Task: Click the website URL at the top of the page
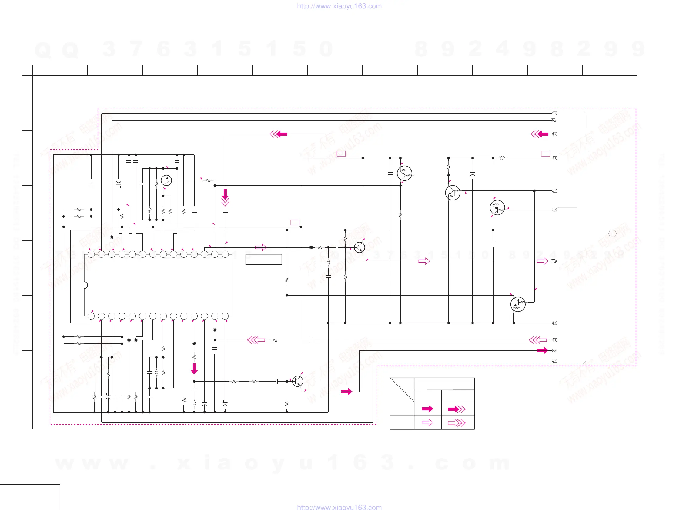tap(339, 6)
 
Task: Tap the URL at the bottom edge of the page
tap(339, 507)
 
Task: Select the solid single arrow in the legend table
tap(427, 409)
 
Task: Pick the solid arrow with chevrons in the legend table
tap(457, 409)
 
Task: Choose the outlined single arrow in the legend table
tap(427, 423)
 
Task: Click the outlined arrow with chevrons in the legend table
tap(457, 423)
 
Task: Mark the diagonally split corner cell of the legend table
tap(402, 390)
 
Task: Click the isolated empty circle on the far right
tap(612, 233)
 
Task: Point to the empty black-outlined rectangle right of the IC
tap(264, 259)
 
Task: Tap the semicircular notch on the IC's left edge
tap(86, 285)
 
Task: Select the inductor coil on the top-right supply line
tap(501, 158)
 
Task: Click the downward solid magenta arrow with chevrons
tap(225, 197)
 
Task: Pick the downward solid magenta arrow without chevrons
tap(194, 368)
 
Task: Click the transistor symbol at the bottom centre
tap(297, 381)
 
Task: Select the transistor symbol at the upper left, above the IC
tap(166, 180)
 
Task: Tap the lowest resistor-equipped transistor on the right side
tap(518, 304)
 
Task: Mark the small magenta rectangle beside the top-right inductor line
tap(545, 154)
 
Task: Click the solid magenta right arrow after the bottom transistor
tap(346, 391)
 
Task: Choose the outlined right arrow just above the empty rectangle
tap(261, 247)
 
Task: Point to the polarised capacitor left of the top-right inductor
tap(472, 174)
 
